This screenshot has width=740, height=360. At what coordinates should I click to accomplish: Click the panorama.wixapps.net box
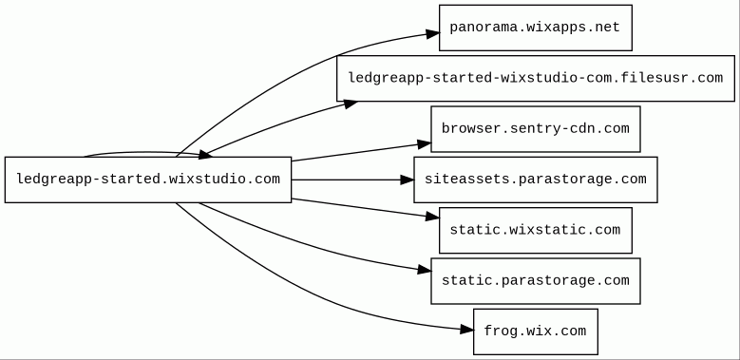tap(536, 28)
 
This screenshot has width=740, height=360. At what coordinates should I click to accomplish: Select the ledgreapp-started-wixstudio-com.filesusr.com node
tap(536, 78)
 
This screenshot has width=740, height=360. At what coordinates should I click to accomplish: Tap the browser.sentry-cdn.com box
tap(536, 129)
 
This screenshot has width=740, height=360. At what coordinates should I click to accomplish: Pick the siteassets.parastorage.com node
tap(536, 180)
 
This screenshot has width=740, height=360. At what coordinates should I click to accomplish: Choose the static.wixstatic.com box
tap(536, 230)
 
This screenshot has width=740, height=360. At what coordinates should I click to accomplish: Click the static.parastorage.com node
tap(536, 281)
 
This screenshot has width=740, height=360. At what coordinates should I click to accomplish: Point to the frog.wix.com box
tap(536, 332)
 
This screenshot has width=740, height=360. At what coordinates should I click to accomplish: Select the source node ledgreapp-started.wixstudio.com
tap(148, 180)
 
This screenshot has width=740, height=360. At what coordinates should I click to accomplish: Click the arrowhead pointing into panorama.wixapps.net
tap(433, 33)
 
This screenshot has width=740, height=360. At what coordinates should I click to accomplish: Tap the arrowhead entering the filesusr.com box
tap(351, 104)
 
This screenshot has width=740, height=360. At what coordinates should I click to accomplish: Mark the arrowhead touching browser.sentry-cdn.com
tap(425, 144)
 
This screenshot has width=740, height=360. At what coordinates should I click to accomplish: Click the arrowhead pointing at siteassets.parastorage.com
tap(408, 180)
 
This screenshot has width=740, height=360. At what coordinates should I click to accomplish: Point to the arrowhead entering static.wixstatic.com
tap(432, 217)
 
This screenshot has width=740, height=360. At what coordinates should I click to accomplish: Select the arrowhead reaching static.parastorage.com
tap(425, 270)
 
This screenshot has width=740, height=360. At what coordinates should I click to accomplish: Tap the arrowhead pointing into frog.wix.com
tap(466, 330)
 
